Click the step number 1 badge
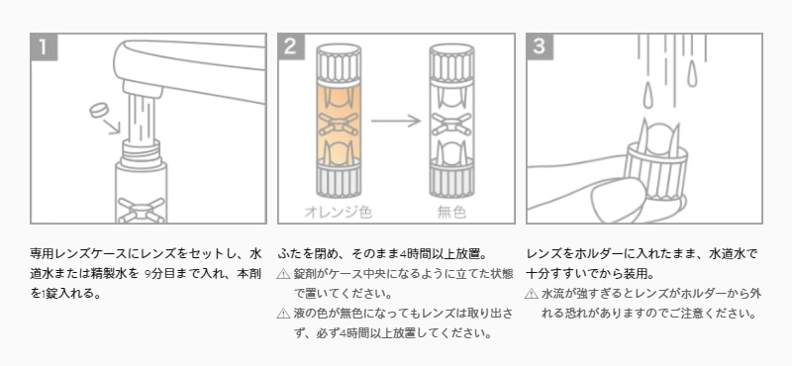tap(44, 46)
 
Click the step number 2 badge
tap(291, 46)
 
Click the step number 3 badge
tap(540, 46)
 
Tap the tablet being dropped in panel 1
tap(100, 110)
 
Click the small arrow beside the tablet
tap(113, 127)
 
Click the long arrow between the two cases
tap(395, 121)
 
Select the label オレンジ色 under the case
tap(338, 212)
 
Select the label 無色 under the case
tap(451, 212)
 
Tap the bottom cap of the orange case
tap(339, 179)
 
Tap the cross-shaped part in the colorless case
tap(451, 125)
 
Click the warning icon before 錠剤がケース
tap(283, 274)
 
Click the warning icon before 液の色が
tap(283, 314)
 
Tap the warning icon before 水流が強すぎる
tap(532, 294)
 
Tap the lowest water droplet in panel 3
tap(648, 95)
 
